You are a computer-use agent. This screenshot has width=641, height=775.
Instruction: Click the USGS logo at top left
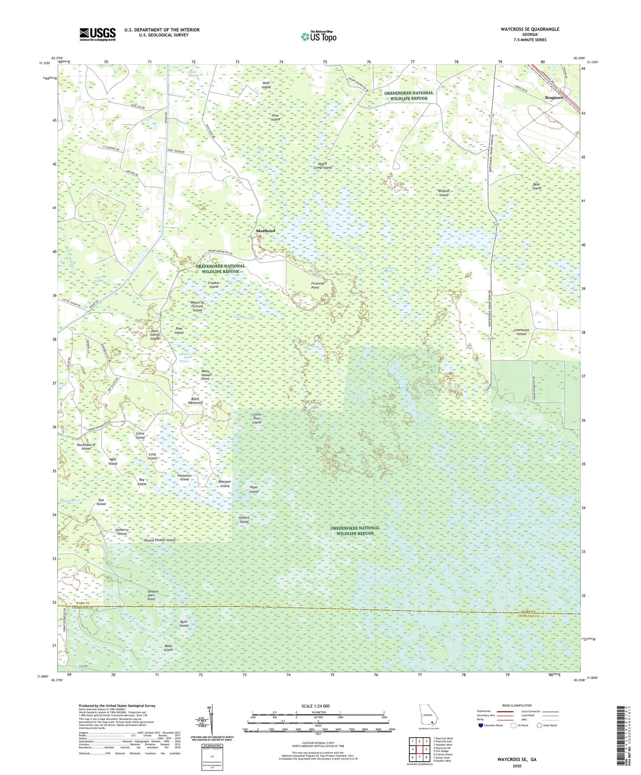pos(98,34)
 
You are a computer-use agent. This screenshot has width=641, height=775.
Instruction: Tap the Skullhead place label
pos(265,231)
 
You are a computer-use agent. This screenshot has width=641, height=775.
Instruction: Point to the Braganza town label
pos(554,98)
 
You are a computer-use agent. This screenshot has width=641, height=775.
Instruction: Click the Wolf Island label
pos(266,85)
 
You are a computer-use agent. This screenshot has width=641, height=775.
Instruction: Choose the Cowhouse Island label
pos(521,332)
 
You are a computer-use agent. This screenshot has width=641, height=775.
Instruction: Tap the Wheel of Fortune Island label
pos(197,306)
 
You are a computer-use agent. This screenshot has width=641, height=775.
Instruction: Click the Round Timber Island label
pos(160,540)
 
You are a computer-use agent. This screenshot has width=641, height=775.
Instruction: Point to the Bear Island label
pos(537,186)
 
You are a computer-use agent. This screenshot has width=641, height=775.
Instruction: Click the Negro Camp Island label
pos(322,166)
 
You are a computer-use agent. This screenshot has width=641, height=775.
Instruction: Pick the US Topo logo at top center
pos(319,36)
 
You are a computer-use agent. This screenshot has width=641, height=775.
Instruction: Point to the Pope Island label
pos(253,489)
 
